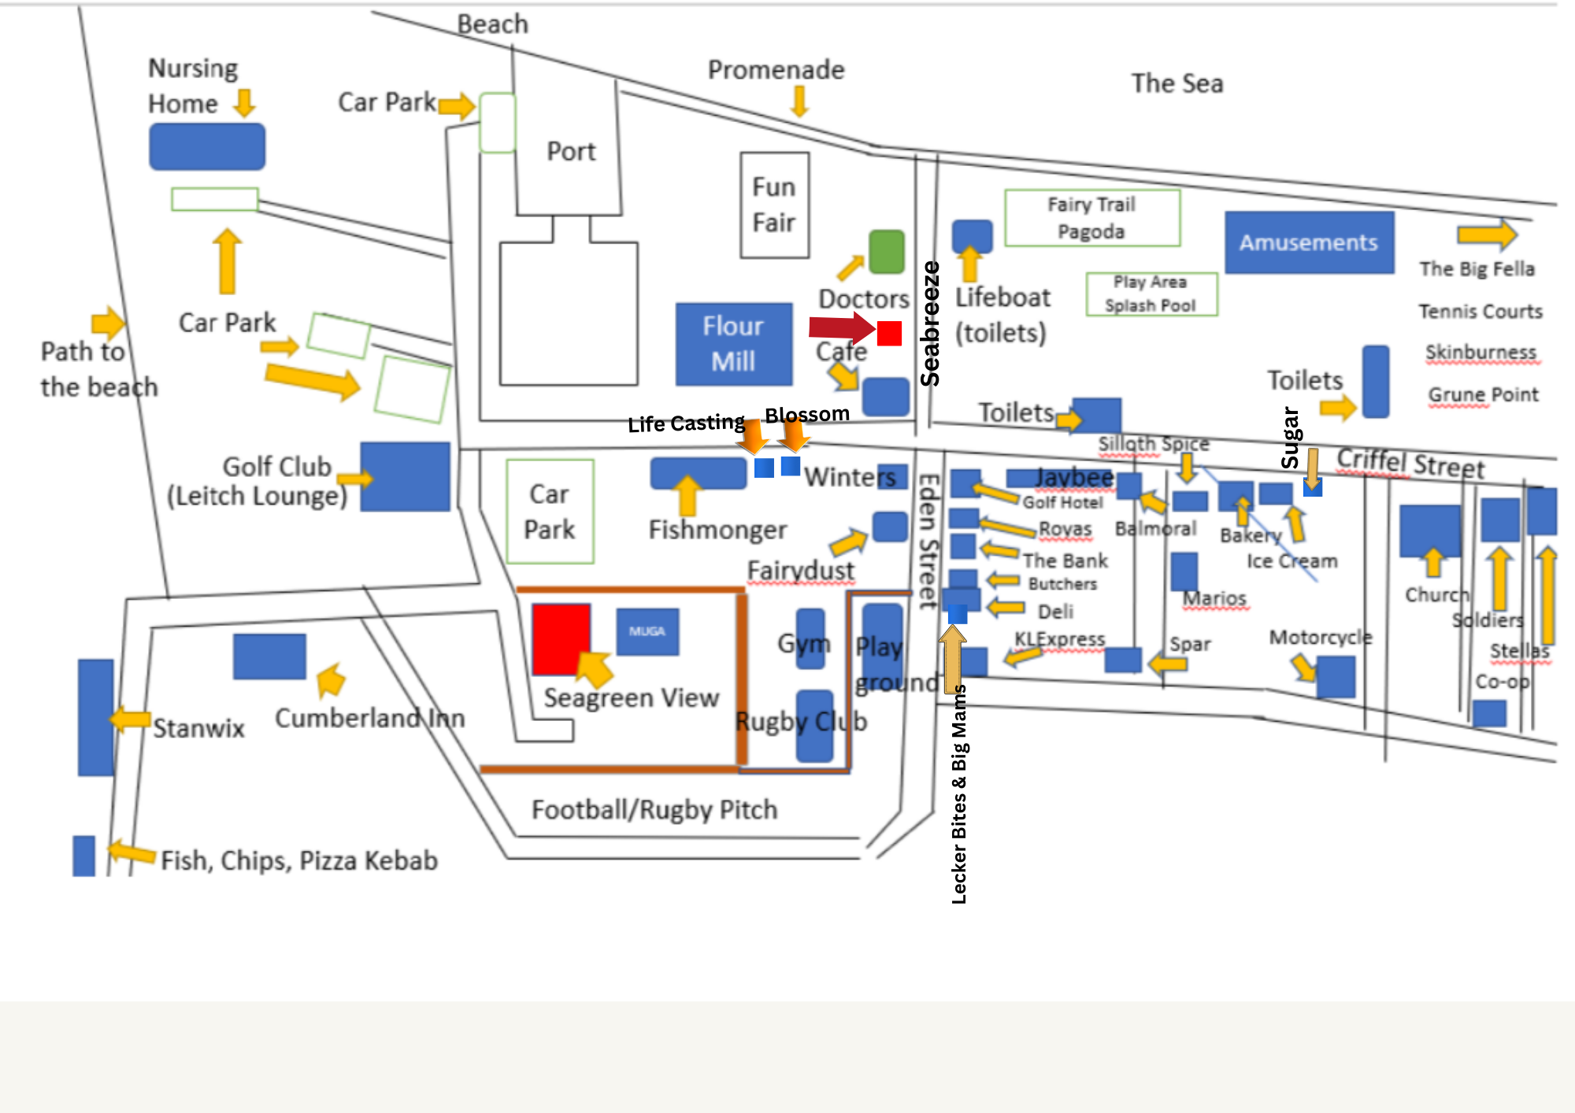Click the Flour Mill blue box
tap(733, 344)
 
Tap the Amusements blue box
tap(1309, 242)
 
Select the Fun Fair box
tap(774, 205)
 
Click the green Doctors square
tap(887, 252)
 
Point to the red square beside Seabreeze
tap(889, 333)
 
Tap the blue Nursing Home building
tap(207, 146)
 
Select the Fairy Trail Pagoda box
tap(1091, 218)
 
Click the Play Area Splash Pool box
tap(1151, 294)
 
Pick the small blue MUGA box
tap(647, 631)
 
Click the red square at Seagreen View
tap(561, 639)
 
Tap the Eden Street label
tap(929, 542)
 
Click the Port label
tap(571, 151)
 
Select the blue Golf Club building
tap(405, 476)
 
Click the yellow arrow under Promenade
tap(799, 102)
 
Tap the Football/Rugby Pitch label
tap(654, 809)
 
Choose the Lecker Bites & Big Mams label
tap(959, 795)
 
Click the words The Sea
tap(1177, 83)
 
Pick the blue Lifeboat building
tap(972, 235)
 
